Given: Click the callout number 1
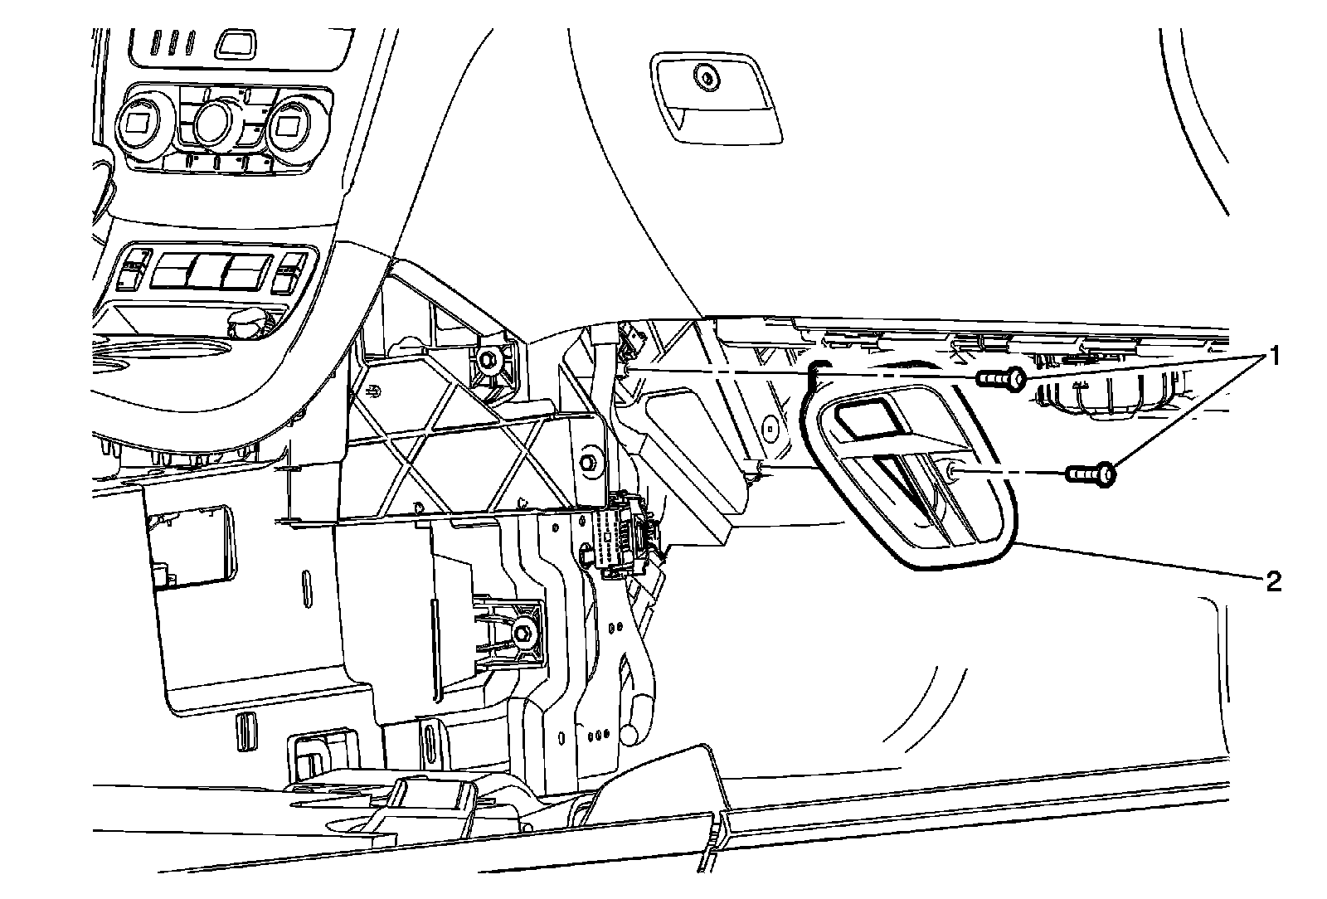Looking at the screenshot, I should pos(1270,358).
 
